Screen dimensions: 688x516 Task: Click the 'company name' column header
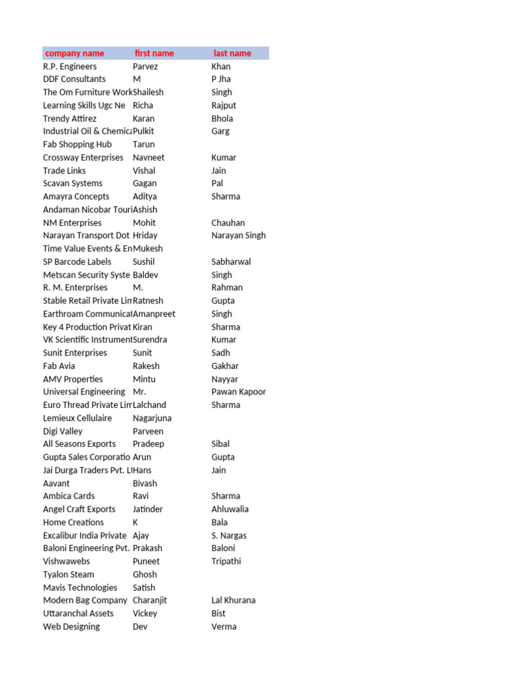75,53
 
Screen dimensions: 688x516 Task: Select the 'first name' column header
154,53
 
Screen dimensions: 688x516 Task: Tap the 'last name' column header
232,53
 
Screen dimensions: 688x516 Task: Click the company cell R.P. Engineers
70,67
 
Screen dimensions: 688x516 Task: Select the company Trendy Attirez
70,118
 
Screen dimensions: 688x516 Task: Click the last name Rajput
224,105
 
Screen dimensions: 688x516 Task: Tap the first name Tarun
144,144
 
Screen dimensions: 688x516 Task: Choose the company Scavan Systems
73,183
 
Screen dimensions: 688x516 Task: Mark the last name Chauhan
228,222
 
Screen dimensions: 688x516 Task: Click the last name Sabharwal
231,261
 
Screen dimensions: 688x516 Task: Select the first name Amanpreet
154,314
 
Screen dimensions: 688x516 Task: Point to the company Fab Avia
59,366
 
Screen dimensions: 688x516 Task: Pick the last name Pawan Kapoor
239,392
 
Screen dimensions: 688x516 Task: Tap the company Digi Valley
62,431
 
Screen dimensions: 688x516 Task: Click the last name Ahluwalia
230,509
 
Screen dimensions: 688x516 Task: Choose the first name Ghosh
145,574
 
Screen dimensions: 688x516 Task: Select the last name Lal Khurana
233,601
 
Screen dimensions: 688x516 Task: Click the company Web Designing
71,627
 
